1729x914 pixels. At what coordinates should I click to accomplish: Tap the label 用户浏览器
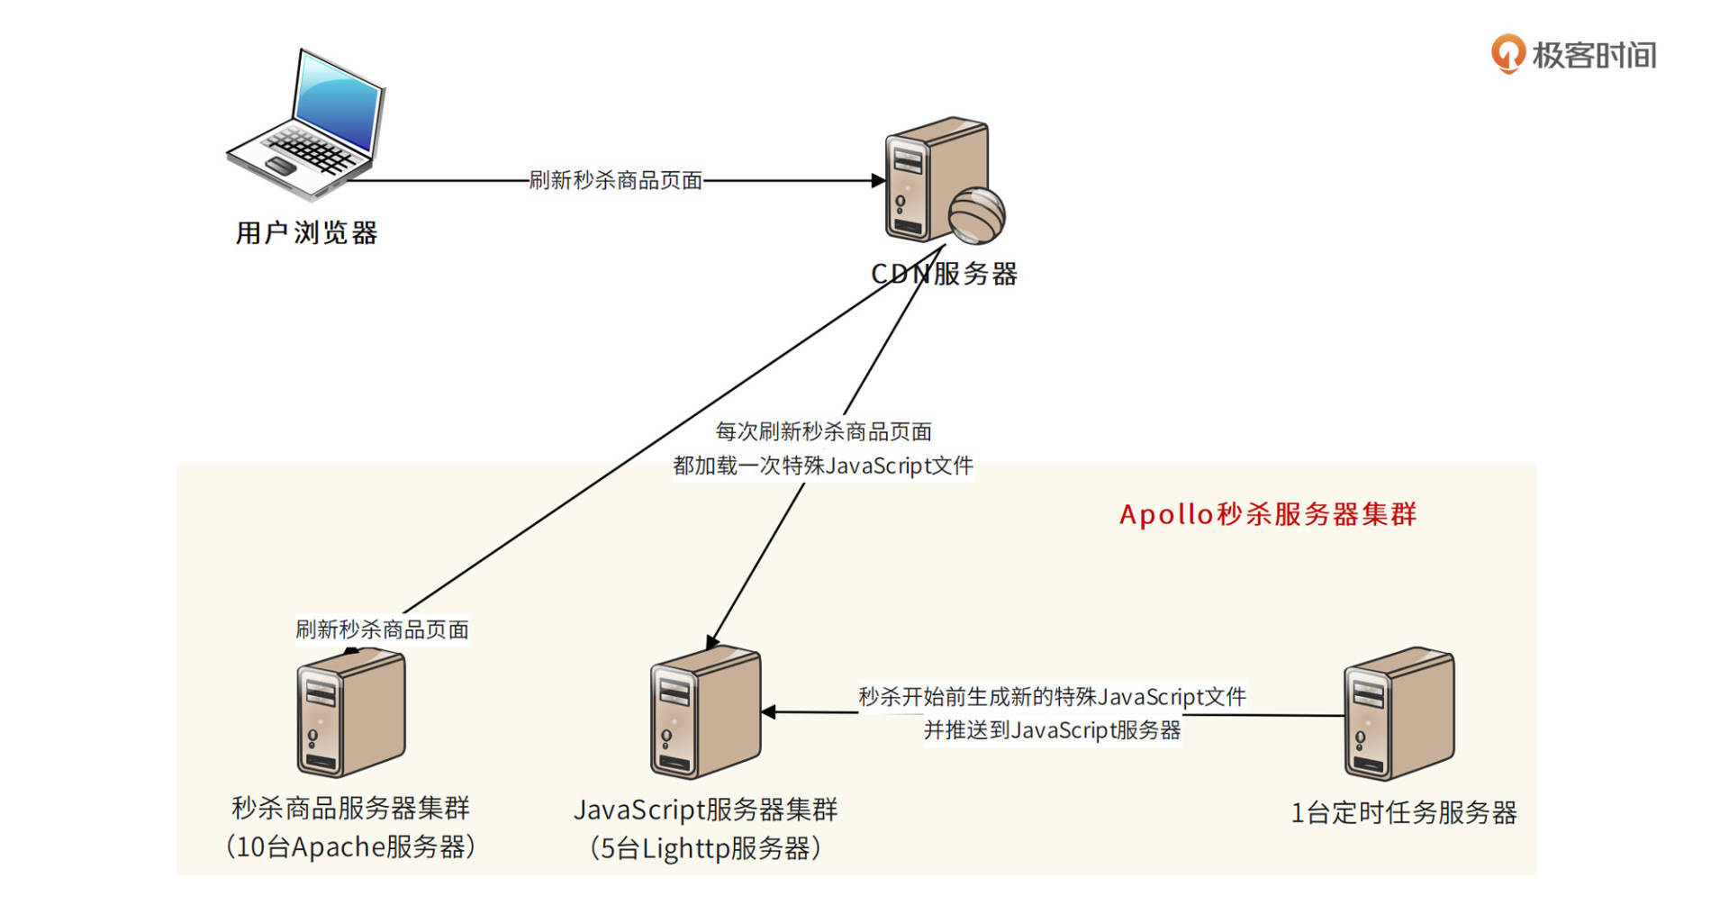coord(306,233)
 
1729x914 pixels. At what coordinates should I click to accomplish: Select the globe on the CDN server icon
coord(976,214)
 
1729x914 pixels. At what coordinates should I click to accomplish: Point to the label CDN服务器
coord(944,274)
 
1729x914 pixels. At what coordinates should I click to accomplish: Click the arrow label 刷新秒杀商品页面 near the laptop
coord(616,180)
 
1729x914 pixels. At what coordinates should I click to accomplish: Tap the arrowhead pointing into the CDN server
coord(878,180)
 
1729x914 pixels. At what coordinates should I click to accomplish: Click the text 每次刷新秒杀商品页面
coord(823,431)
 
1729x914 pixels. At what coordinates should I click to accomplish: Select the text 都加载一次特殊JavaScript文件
coord(823,466)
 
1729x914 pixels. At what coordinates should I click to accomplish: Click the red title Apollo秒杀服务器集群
coord(1268,514)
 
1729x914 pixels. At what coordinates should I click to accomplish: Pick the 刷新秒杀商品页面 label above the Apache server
coord(383,629)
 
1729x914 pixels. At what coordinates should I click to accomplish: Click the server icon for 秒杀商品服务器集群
coord(351,712)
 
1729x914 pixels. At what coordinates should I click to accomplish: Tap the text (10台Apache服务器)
coord(351,846)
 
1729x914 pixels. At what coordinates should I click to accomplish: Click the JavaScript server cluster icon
coord(705,712)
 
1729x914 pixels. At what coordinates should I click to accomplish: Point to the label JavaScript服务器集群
coord(705,810)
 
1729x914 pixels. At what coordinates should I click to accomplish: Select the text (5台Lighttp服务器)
coord(705,848)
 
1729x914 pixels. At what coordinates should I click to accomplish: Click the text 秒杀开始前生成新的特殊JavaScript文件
coord(1052,696)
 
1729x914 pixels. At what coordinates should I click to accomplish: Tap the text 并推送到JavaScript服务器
coord(1052,730)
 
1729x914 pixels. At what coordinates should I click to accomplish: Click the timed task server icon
coord(1399,712)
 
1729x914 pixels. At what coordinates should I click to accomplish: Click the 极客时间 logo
coord(1574,55)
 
